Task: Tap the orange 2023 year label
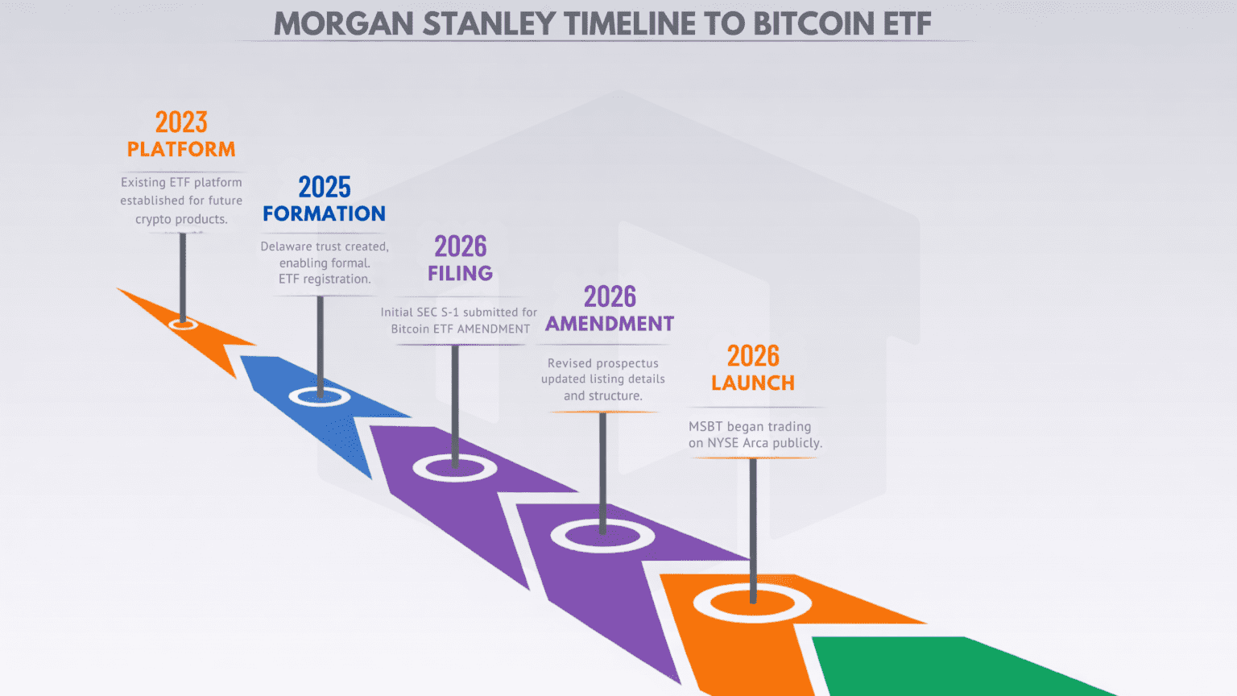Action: click(181, 122)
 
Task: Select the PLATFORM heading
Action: click(181, 149)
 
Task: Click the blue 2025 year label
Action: click(325, 187)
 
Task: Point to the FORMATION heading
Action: click(325, 213)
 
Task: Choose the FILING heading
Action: click(460, 273)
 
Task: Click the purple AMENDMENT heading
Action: click(610, 324)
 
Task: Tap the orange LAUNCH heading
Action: click(753, 383)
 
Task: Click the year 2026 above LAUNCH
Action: click(753, 356)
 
